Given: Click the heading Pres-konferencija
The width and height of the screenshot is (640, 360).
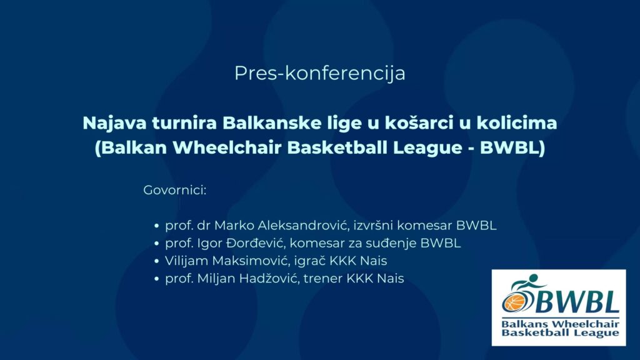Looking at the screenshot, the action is click(320, 74).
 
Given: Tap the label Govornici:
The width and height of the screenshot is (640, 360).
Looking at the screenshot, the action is click(175, 190).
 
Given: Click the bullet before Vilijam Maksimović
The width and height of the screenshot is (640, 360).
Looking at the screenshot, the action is click(156, 261).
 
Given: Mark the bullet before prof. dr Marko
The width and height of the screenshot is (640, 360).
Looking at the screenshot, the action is click(156, 226).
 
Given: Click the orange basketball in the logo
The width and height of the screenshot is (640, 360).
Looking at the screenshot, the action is click(515, 302).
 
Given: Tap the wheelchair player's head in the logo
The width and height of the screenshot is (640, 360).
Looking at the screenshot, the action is click(533, 278).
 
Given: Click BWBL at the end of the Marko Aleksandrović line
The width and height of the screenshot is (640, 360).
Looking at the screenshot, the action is click(476, 225).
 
